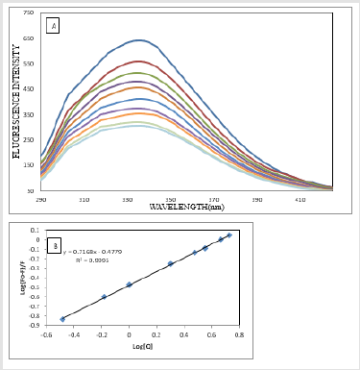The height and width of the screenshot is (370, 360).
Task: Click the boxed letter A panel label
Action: coord(52,26)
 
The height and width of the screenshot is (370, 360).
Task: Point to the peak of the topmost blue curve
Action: coord(139,40)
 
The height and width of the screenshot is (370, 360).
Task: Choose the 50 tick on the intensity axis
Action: coord(30,190)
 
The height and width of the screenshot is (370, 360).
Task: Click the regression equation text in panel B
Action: coord(90,252)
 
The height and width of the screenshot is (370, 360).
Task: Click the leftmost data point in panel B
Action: coord(63,319)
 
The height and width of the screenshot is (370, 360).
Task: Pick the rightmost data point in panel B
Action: coord(228,234)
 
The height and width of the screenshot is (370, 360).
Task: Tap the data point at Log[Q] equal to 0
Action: coord(130,284)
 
